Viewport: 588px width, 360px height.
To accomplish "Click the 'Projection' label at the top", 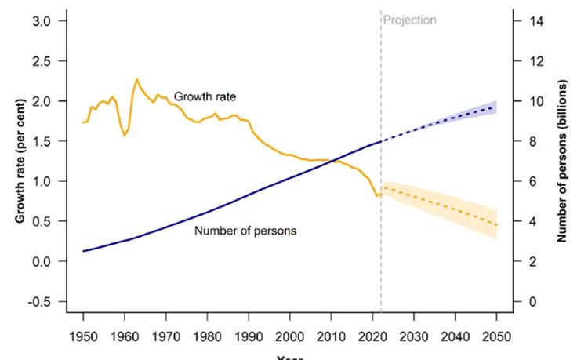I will point(410,20).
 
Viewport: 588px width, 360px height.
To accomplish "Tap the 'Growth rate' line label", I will point(205,96).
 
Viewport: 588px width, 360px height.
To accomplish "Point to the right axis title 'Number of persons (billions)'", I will point(562,161).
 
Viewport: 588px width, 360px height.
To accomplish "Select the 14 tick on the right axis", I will point(538,21).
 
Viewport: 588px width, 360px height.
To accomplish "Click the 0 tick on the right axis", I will point(535,302).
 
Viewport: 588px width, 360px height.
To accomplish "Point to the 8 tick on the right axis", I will point(535,141).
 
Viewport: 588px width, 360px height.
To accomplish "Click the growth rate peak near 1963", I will point(136,79).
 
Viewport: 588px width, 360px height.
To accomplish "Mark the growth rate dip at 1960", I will point(125,136).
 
